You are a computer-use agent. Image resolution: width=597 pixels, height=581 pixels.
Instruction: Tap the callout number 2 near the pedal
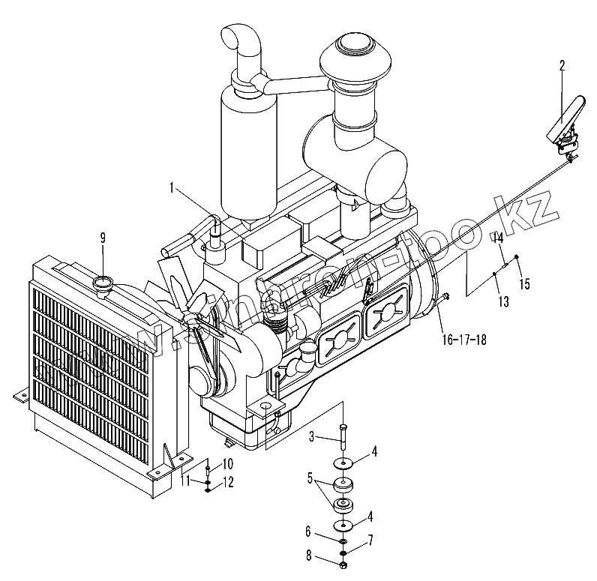[x=561, y=66]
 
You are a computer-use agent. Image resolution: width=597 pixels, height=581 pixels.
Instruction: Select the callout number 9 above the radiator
[x=104, y=238]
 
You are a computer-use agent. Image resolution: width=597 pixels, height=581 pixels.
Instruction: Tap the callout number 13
[x=502, y=301]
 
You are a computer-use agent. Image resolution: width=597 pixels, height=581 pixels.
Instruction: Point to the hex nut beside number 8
[x=343, y=563]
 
